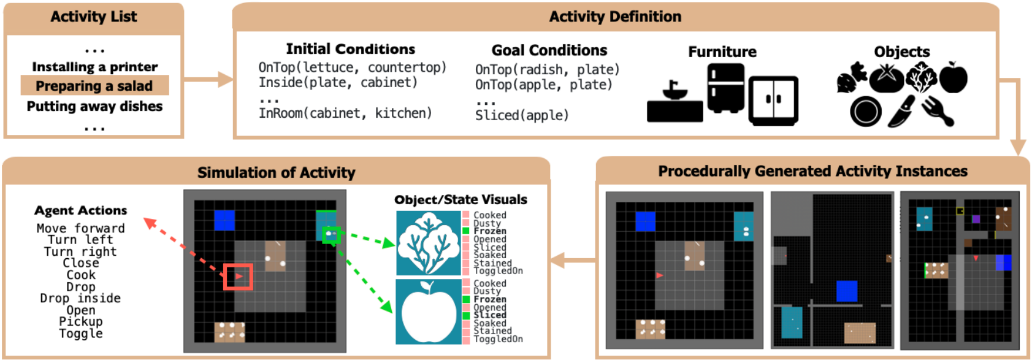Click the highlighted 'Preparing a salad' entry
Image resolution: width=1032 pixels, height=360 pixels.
(x=94, y=86)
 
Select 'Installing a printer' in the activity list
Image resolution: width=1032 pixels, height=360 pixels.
(x=95, y=66)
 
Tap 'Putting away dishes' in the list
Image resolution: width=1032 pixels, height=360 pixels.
(x=94, y=106)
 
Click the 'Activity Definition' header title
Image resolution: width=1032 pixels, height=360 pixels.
(x=615, y=17)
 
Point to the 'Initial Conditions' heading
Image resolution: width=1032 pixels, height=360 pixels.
(x=350, y=49)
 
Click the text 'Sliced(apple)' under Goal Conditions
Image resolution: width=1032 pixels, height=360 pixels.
(x=522, y=115)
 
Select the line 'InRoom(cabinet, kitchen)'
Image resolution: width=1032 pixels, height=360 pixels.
(x=345, y=113)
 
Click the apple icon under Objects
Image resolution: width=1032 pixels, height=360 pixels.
(x=953, y=77)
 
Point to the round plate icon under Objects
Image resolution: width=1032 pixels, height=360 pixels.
(x=866, y=112)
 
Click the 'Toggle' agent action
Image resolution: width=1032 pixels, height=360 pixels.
(x=81, y=333)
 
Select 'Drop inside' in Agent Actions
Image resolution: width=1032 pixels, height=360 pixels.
(x=80, y=298)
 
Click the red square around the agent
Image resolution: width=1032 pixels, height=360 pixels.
(x=238, y=277)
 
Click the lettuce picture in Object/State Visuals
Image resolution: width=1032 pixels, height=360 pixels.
(x=429, y=243)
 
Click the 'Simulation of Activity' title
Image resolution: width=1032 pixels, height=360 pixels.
(x=276, y=173)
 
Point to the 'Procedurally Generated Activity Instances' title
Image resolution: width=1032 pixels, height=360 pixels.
(x=813, y=171)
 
